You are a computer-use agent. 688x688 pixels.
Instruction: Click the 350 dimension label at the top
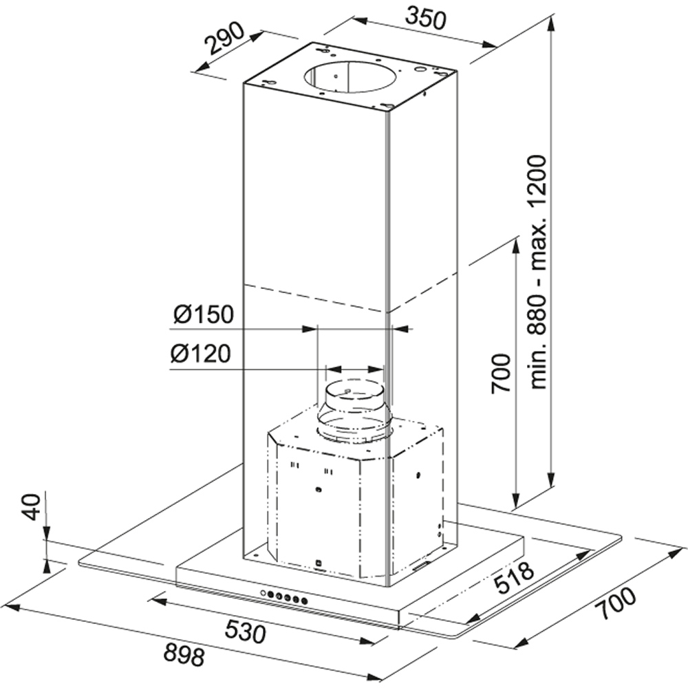pyautogui.click(x=424, y=16)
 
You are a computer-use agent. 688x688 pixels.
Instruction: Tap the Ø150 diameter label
pyautogui.click(x=204, y=315)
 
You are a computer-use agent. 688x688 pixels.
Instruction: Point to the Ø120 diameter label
pyautogui.click(x=201, y=355)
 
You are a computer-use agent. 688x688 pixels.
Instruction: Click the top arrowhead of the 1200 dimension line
pyautogui.click(x=551, y=19)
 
